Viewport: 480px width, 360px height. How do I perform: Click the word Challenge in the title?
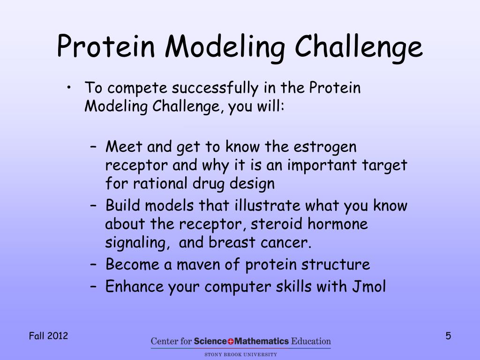359,47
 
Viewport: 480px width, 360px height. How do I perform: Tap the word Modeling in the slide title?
225,47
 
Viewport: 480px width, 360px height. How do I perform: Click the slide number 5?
448,336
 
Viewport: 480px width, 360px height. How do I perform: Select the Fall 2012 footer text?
48,336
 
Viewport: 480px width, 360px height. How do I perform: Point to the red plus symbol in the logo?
231,341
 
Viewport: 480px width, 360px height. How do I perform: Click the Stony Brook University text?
240,354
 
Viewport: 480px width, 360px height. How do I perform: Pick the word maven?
198,265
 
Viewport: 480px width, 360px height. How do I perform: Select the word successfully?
215,88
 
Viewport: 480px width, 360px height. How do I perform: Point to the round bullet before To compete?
69,88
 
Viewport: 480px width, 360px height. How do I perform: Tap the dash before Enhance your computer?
93,287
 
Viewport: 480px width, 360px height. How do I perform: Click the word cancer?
285,243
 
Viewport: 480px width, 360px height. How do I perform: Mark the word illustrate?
267,205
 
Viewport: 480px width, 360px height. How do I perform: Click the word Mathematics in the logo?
261,341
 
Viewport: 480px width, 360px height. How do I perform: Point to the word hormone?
337,224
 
